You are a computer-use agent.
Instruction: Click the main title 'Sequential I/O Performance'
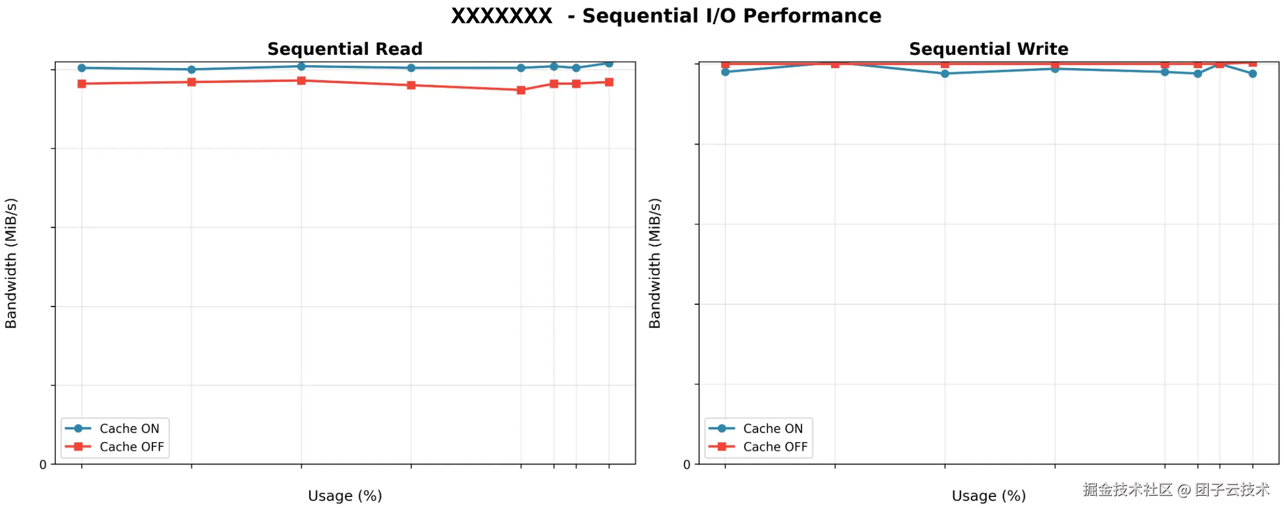tap(731, 16)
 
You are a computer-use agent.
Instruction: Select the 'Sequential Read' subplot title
tap(344, 49)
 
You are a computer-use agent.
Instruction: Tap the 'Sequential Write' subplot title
tap(988, 49)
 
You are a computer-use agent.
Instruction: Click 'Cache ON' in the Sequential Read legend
tap(129, 428)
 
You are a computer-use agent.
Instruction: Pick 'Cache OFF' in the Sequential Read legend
tap(131, 447)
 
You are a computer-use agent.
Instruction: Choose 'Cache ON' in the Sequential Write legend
tap(773, 428)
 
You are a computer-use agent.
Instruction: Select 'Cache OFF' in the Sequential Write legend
tap(775, 447)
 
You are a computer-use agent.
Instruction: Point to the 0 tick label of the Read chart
tap(43, 464)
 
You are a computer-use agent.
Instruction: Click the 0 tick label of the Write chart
tap(687, 464)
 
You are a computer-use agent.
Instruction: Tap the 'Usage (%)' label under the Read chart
tap(344, 496)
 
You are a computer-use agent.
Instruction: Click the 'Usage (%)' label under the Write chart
tap(988, 496)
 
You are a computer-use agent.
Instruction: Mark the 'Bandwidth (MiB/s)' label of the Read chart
tap(11, 263)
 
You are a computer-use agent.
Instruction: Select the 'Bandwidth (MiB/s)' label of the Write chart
tap(655, 263)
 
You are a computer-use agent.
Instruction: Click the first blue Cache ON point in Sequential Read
tap(82, 68)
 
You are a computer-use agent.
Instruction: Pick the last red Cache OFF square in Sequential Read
tap(609, 82)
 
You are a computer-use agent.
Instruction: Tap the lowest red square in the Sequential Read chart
tap(521, 90)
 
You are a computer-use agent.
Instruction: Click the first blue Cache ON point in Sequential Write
tap(725, 72)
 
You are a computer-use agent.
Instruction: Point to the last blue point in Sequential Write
tap(1253, 73)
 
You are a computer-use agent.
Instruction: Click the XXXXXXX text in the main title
tap(502, 16)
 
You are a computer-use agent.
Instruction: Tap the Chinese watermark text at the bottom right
tap(1176, 490)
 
